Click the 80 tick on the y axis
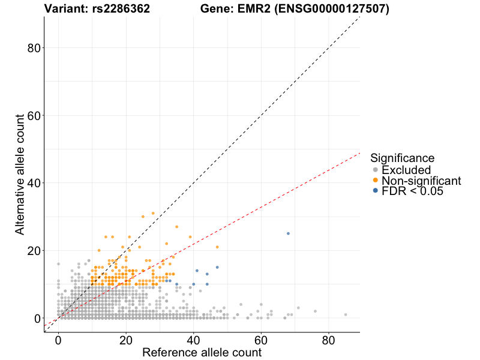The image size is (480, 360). pos(34,48)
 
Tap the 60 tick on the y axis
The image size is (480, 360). pos(34,115)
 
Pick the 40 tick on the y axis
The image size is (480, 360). pos(34,183)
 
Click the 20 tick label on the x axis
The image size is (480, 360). pos(126,339)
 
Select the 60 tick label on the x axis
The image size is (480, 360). pos(261,339)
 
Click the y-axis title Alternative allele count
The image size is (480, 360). pos(20,175)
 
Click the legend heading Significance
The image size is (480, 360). pos(402,158)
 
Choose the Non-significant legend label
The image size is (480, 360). pos(421,181)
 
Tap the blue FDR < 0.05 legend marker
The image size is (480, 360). pos(376,191)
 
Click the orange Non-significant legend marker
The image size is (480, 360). pos(376,181)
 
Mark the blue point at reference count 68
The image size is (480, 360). pos(288,233)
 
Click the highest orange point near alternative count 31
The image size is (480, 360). pos(153,213)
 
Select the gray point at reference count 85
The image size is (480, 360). pos(346,314)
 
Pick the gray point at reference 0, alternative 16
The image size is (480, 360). pos(58,264)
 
